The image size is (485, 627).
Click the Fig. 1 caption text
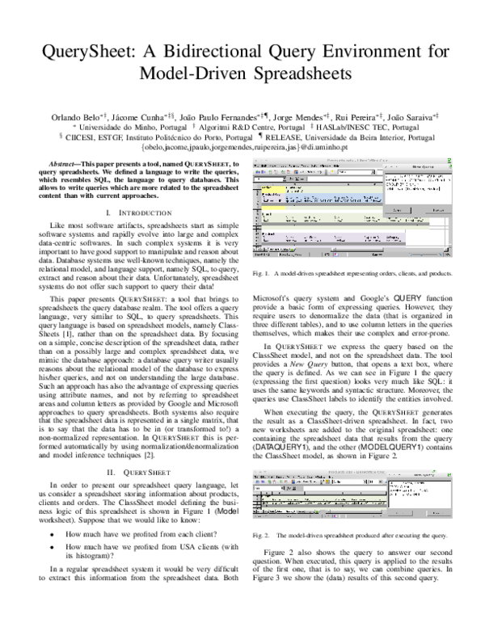(x=363, y=275)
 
